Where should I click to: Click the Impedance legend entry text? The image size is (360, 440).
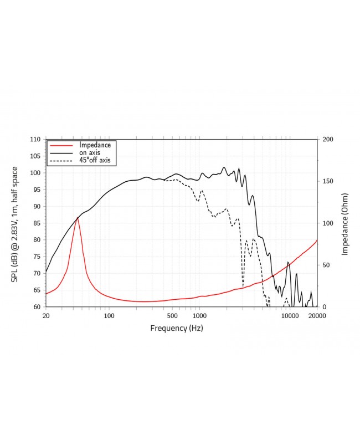[x=95, y=145]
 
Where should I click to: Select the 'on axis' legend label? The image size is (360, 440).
[x=91, y=152]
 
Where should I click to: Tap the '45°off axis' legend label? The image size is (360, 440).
[x=95, y=160]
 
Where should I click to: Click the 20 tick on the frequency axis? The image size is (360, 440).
[x=46, y=315]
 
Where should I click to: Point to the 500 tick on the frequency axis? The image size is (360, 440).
[x=173, y=315]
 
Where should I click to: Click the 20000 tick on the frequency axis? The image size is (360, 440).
[x=317, y=315]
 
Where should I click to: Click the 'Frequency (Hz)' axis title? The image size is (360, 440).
[x=177, y=328]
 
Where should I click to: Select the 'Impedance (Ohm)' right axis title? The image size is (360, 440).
[x=344, y=223]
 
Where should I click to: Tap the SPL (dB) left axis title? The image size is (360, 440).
[x=15, y=223]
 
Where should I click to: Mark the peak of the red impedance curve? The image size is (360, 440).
[x=78, y=217]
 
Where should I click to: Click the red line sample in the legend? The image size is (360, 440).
[x=60, y=145]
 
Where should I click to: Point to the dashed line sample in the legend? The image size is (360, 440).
[x=60, y=161]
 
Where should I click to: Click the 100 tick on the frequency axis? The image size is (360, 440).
[x=109, y=315]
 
